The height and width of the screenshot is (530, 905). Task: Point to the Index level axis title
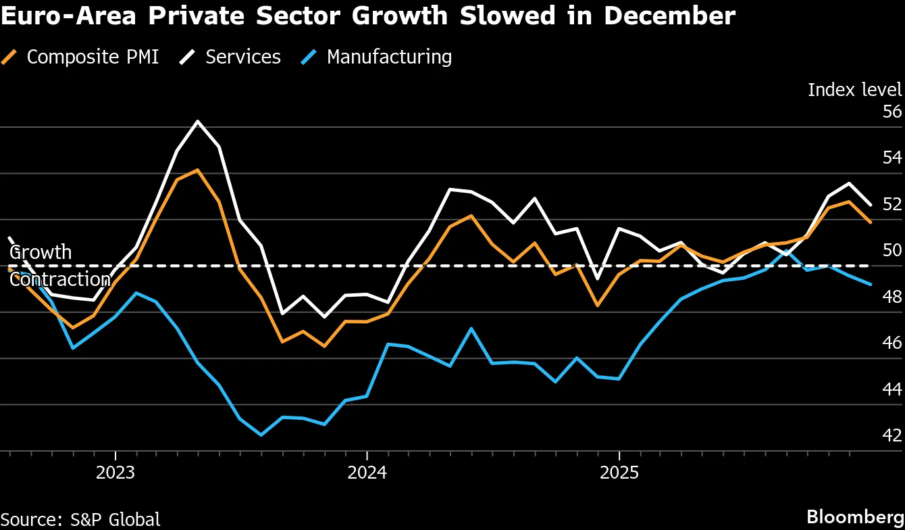click(854, 89)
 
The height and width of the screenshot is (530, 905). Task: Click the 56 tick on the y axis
click(891, 112)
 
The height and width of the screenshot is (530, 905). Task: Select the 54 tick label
click(891, 158)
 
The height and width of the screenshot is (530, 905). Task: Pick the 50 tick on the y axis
click(891, 250)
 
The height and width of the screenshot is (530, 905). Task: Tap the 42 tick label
click(891, 435)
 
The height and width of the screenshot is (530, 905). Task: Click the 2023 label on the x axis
click(115, 471)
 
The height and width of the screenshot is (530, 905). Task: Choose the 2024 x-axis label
click(367, 471)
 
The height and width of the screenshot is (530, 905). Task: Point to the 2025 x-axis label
click(619, 471)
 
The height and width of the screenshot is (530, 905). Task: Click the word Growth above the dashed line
click(41, 252)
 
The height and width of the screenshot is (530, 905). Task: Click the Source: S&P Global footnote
click(80, 519)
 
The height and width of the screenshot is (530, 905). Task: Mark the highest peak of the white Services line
click(197, 122)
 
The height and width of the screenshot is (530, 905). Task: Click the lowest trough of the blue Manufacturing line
click(261, 435)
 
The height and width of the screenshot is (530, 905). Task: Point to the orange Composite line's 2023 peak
click(197, 170)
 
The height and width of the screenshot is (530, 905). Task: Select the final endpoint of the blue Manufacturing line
click(871, 285)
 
